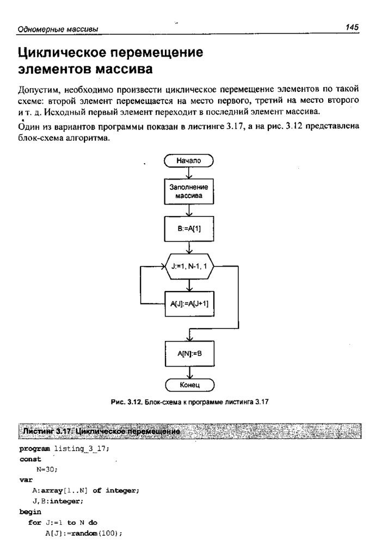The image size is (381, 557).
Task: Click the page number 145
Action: pos(352,27)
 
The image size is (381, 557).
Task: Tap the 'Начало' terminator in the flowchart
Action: pos(188,160)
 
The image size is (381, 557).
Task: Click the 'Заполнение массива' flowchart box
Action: pos(188,191)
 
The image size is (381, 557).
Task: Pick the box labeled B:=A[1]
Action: pos(188,229)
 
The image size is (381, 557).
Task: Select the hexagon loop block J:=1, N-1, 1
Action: pos(188,267)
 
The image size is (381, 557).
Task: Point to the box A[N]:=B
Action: pos(188,354)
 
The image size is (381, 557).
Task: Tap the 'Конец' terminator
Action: pos(188,385)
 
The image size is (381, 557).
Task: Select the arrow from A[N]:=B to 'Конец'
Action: pos(188,372)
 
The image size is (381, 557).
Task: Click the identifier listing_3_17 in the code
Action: pos(82,449)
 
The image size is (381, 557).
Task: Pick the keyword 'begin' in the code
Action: pos(30,512)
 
